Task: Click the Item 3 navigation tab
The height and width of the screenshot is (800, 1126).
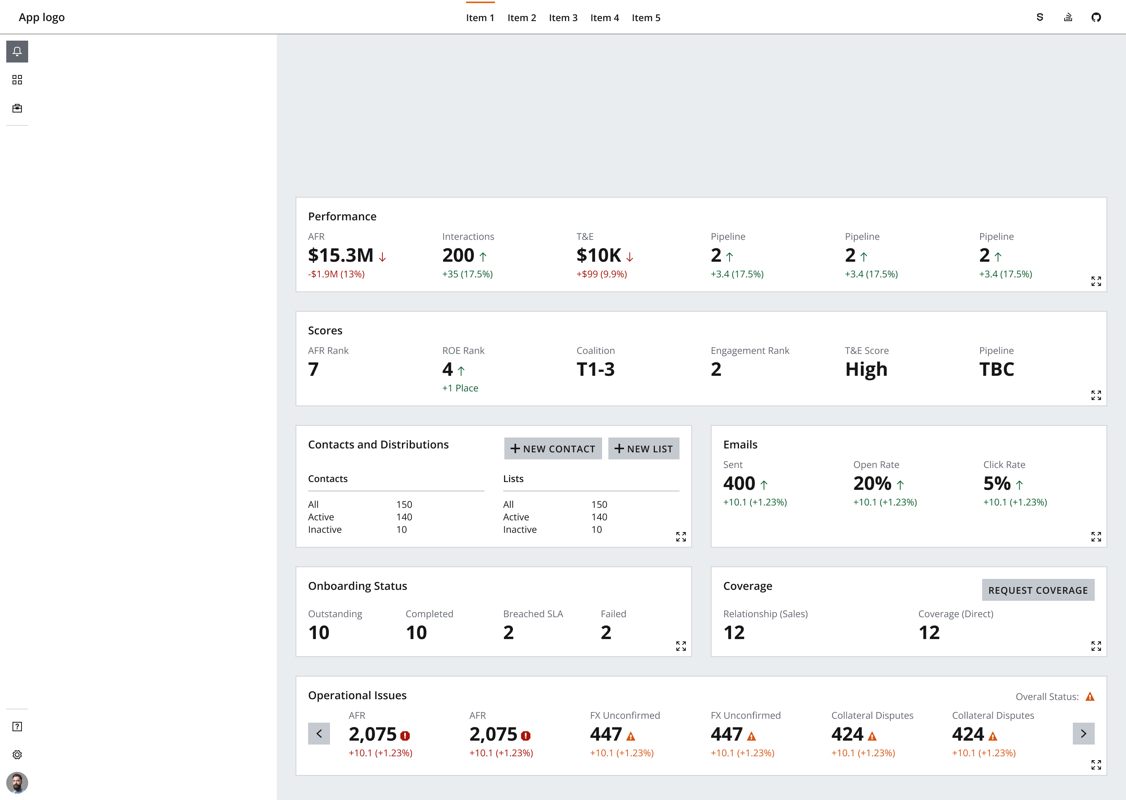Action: pyautogui.click(x=563, y=18)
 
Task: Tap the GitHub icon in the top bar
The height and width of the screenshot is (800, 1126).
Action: pyautogui.click(x=1096, y=18)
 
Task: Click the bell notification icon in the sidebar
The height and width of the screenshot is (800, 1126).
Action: pyautogui.click(x=17, y=52)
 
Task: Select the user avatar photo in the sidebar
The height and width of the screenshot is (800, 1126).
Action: pyautogui.click(x=17, y=782)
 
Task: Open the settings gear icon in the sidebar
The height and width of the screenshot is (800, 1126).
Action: pyautogui.click(x=17, y=755)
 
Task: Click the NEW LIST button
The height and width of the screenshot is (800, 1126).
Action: pyautogui.click(x=644, y=449)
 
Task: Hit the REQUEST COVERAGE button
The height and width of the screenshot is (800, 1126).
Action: pyautogui.click(x=1038, y=590)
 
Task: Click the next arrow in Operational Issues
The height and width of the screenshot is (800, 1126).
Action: pyautogui.click(x=1083, y=734)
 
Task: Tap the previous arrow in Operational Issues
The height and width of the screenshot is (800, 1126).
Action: pyautogui.click(x=319, y=734)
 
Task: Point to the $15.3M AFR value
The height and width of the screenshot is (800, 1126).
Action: pyautogui.click(x=341, y=255)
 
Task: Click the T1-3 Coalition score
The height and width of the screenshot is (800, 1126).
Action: pyautogui.click(x=595, y=370)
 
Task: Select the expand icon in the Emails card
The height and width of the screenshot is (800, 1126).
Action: pyautogui.click(x=1096, y=536)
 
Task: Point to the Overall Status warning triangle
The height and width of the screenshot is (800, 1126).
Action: pyautogui.click(x=1090, y=696)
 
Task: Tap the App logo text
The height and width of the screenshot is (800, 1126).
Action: pyautogui.click(x=42, y=18)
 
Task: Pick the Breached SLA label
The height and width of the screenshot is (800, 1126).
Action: pyautogui.click(x=533, y=614)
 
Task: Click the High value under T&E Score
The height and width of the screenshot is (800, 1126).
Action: pyautogui.click(x=866, y=370)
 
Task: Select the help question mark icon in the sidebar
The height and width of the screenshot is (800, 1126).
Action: pyautogui.click(x=17, y=727)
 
